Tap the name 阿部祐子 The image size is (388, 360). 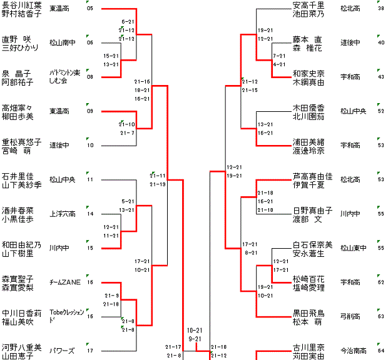pos(21,81)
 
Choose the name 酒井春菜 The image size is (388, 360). pos(18,210)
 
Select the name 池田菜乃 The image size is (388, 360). pos(309,13)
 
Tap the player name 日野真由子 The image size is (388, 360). pos(312,210)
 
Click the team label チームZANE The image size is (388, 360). pos(63,282)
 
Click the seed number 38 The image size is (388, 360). pos(380,9)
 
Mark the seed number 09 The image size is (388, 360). pos(90,111)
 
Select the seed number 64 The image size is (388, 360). pos(380,351)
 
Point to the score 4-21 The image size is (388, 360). pos(279,64)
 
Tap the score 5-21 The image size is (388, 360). pos(128,201)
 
